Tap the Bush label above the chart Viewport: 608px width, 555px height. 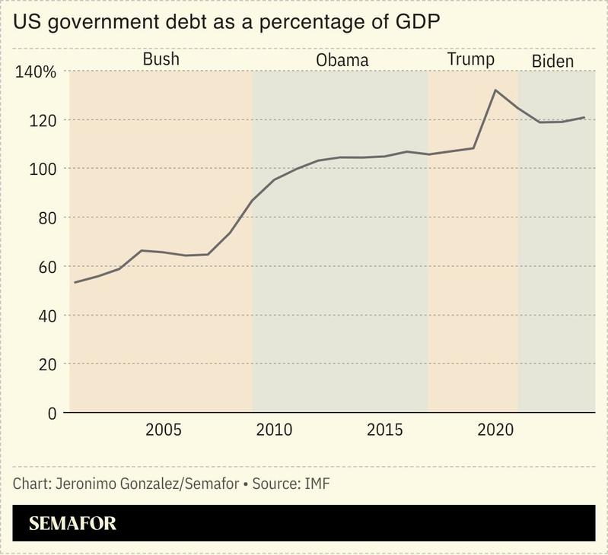click(161, 59)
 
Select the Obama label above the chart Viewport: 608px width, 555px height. click(342, 60)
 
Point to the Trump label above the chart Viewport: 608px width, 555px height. click(470, 59)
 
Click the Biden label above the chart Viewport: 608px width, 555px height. click(552, 61)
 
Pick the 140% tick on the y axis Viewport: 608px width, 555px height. click(36, 73)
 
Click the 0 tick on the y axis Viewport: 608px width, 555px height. click(52, 413)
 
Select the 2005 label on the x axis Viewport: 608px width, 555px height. click(164, 430)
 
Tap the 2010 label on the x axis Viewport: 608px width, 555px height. click(275, 430)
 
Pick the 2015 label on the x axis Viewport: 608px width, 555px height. click(385, 430)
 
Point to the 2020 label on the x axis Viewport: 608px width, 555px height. click(496, 430)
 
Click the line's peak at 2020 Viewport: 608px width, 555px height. click(495, 90)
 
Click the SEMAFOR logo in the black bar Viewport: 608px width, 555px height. click(72, 524)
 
